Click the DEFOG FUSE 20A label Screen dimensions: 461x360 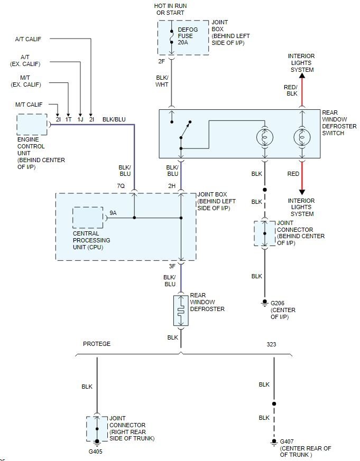(x=188, y=36)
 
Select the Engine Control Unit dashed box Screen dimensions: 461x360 (x=32, y=125)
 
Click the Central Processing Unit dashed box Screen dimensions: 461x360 (x=87, y=218)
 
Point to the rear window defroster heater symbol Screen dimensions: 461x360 (x=181, y=311)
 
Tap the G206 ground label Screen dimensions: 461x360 (x=278, y=304)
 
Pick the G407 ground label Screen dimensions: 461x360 (x=287, y=441)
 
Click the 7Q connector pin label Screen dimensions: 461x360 (x=121, y=186)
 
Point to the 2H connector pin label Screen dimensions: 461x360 (x=172, y=186)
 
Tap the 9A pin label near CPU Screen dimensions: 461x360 (x=113, y=213)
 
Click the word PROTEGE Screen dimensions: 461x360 (x=97, y=344)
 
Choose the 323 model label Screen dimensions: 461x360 (x=271, y=344)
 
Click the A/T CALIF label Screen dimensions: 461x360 (x=28, y=39)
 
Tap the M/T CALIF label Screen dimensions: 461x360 (x=29, y=105)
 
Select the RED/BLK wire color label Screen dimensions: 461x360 (x=291, y=90)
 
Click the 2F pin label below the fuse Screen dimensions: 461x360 (x=162, y=61)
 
